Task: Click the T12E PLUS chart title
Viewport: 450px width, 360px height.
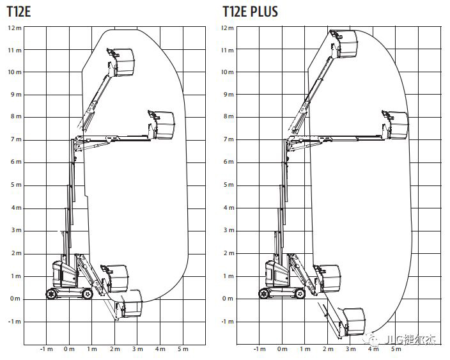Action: pos(251,12)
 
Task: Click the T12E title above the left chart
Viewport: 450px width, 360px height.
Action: pos(19,12)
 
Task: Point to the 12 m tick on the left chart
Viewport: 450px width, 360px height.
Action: pos(15,28)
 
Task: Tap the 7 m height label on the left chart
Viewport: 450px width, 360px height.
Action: pos(16,139)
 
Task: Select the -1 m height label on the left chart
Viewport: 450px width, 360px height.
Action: pos(14,322)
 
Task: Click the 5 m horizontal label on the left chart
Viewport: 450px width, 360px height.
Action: pos(183,349)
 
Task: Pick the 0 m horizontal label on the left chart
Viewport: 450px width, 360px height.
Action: pos(69,349)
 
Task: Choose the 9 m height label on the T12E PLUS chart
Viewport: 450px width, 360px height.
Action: pos(229,95)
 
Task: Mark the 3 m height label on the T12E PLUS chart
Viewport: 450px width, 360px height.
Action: pos(229,230)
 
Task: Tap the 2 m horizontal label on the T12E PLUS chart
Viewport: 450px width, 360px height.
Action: pos(328,349)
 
